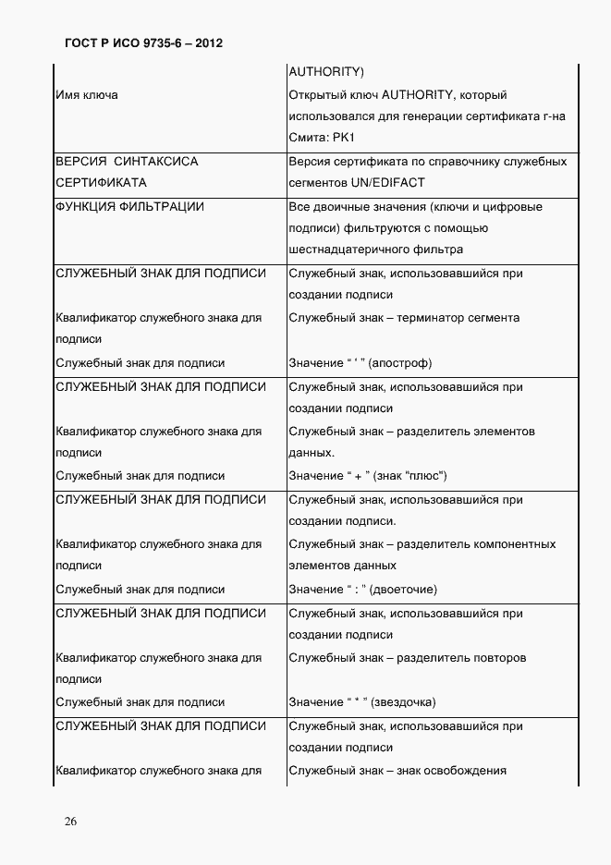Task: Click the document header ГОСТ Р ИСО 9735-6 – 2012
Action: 144,43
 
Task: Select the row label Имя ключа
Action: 86,95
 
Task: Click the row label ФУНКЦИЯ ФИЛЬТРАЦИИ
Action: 129,207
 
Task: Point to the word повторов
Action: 500,658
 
